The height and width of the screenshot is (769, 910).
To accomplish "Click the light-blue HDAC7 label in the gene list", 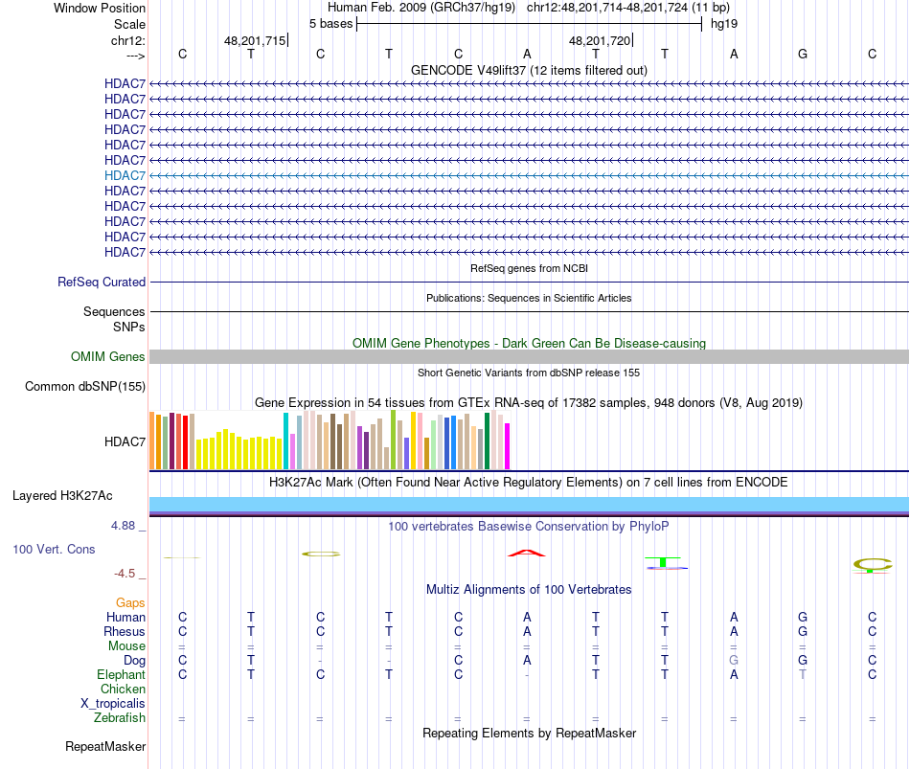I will [125, 175].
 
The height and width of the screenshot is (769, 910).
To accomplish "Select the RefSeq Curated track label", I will [102, 283].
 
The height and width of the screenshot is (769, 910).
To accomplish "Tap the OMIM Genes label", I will [108, 357].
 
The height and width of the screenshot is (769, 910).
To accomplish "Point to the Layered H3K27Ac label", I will [62, 496].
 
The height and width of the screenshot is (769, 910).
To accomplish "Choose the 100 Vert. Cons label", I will [54, 550].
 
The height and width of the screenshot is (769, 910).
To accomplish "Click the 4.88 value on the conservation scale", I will [125, 526].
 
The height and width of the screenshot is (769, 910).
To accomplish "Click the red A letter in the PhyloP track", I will [526, 553].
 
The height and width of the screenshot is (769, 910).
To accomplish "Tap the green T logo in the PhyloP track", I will [664, 561].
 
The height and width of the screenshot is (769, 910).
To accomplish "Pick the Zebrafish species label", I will [120, 718].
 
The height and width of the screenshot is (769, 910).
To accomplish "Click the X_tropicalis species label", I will [113, 704].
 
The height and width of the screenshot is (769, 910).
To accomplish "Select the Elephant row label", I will [120, 675].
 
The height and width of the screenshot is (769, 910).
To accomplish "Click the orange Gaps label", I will [130, 603].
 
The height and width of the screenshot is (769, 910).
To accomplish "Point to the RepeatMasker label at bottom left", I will [105, 746].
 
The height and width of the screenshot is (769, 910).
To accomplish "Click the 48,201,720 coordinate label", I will [600, 41].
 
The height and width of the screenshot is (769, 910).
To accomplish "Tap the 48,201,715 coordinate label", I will [255, 41].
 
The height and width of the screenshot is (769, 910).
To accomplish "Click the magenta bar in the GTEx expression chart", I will [508, 446].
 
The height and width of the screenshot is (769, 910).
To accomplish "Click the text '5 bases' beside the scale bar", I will [330, 23].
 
